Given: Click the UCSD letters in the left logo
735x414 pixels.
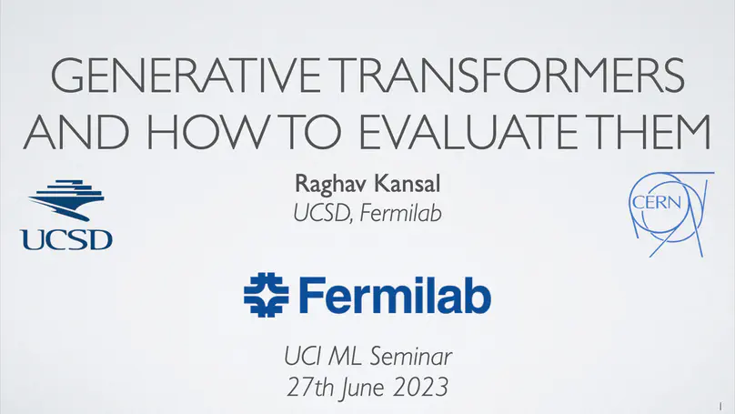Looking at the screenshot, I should pos(66,239).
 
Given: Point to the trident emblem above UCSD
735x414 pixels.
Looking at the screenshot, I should pos(66,205).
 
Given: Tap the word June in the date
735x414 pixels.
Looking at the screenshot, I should pos(360,388).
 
